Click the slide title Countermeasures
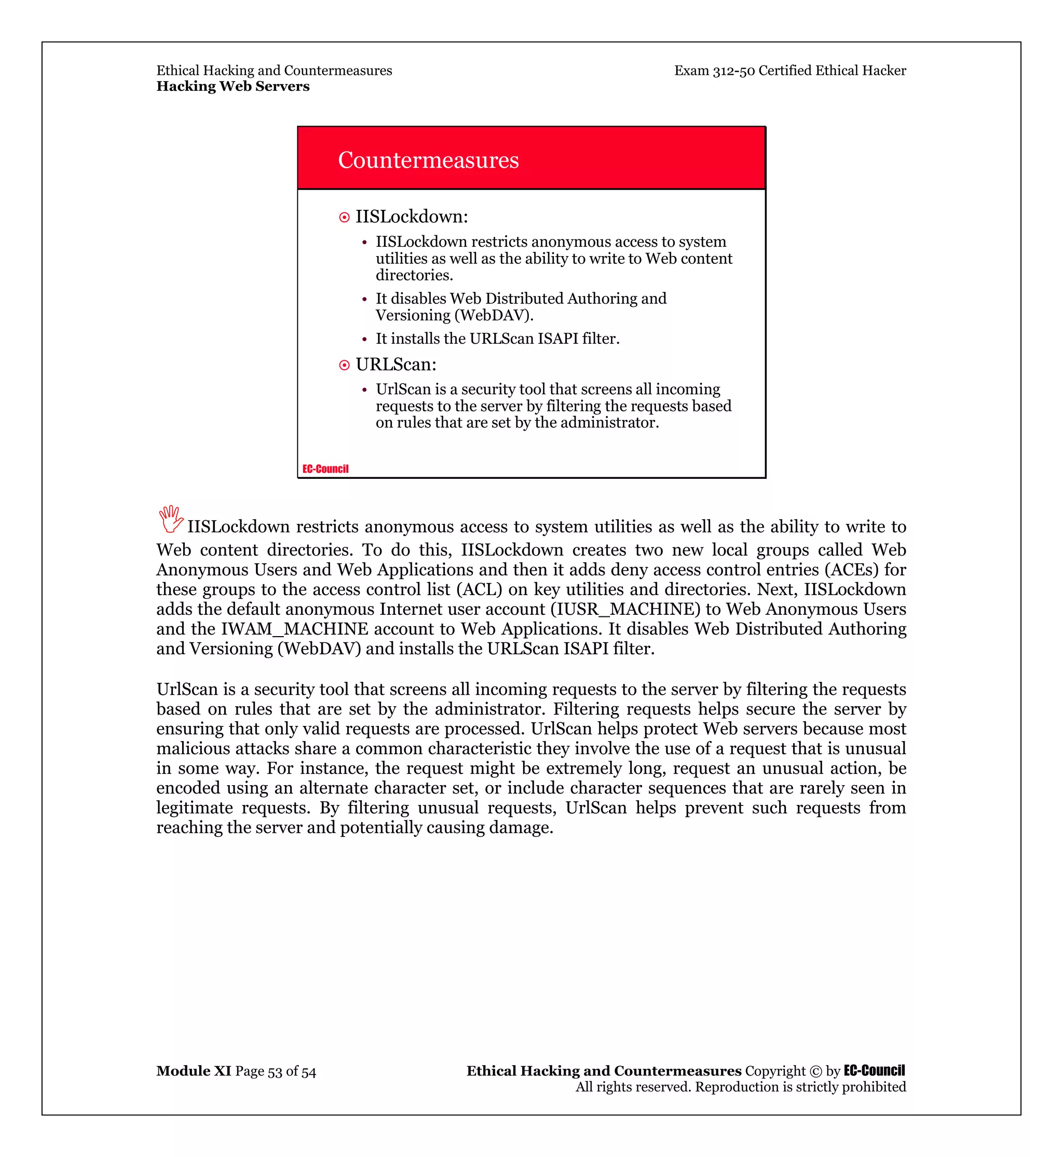click(x=428, y=160)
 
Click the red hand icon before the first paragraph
click(x=170, y=519)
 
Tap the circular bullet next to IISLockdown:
click(x=344, y=217)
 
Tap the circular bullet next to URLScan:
click(x=344, y=365)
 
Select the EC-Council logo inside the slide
click(x=325, y=468)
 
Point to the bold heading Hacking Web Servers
click(x=233, y=86)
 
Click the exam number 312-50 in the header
click(x=733, y=70)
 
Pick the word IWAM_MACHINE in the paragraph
click(x=294, y=628)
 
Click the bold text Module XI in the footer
click(x=193, y=1071)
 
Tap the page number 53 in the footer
click(x=275, y=1071)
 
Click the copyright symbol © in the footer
click(x=815, y=1071)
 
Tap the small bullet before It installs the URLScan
click(x=364, y=340)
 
